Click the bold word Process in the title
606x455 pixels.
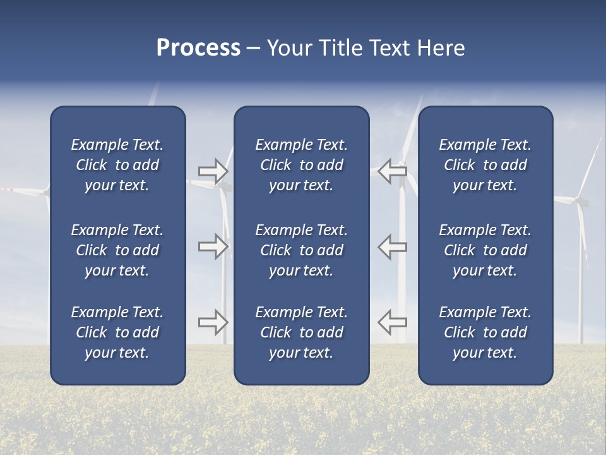coord(198,48)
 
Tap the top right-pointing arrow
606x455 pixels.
coord(213,171)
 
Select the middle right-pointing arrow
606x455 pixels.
coord(213,246)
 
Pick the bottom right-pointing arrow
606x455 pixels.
coord(213,322)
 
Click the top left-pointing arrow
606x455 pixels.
coord(392,171)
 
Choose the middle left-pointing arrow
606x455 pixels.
coord(392,246)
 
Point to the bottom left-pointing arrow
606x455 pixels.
coord(392,322)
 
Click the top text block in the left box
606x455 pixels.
coord(117,165)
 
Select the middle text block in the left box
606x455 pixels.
coord(117,250)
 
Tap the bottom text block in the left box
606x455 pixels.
coord(117,332)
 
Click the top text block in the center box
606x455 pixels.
coord(302,165)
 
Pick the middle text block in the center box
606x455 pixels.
coord(302,250)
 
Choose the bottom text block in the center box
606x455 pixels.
coord(302,332)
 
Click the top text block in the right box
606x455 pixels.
coord(485,165)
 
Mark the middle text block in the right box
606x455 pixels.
coord(485,250)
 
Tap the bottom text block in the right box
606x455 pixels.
coord(485,332)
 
